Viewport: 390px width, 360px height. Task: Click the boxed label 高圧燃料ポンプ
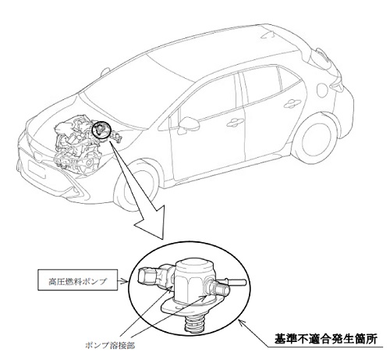point(78,280)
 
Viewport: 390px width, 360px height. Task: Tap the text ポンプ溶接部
point(110,346)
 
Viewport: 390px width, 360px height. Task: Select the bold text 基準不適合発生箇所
point(325,340)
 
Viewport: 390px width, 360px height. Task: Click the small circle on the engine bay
point(101,130)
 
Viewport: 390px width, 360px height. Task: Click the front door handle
point(235,123)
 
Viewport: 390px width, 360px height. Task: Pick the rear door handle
point(292,103)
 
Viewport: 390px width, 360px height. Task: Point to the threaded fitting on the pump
point(222,288)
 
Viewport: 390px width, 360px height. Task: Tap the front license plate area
point(35,169)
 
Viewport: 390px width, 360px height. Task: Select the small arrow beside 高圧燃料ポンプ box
point(123,281)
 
